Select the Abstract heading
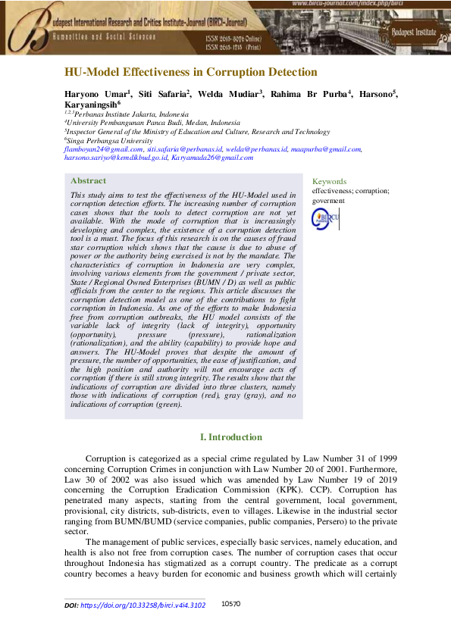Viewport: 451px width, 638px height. pos(88,181)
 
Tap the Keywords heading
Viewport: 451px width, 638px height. pos(330,182)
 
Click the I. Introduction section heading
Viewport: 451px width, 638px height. pos(230,437)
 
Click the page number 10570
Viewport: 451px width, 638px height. pos(230,605)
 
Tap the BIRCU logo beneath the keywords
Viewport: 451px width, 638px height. pos(326,218)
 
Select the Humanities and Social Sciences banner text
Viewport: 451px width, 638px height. pos(104,36)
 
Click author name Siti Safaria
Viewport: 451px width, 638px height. pos(162,93)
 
